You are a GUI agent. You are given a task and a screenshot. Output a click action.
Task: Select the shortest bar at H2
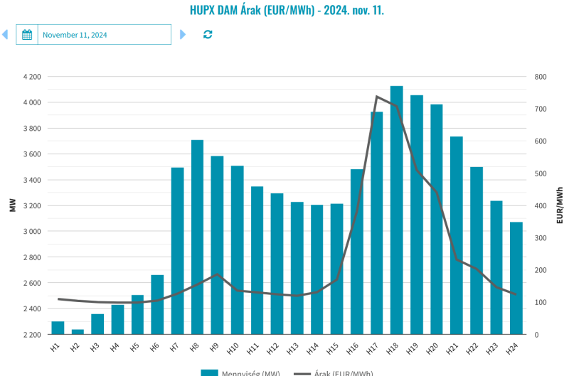[78, 332]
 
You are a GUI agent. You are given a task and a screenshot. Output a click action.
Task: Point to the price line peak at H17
[377, 97]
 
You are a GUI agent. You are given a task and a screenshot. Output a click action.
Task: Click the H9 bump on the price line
[217, 274]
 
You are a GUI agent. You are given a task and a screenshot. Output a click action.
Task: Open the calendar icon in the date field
[27, 35]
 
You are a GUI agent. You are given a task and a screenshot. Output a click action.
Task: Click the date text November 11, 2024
[75, 35]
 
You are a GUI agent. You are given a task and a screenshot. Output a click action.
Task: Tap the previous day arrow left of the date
[5, 34]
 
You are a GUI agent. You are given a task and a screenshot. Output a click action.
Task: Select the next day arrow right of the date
[183, 34]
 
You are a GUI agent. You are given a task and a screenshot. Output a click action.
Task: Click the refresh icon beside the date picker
[208, 34]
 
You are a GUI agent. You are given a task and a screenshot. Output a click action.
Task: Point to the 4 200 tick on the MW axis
[32, 77]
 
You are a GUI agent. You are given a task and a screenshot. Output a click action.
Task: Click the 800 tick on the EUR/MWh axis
[541, 77]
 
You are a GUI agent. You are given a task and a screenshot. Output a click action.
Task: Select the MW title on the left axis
[13, 205]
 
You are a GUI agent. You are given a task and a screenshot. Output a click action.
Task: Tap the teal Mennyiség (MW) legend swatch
[208, 372]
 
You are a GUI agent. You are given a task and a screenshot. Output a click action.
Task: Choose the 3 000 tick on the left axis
[32, 232]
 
